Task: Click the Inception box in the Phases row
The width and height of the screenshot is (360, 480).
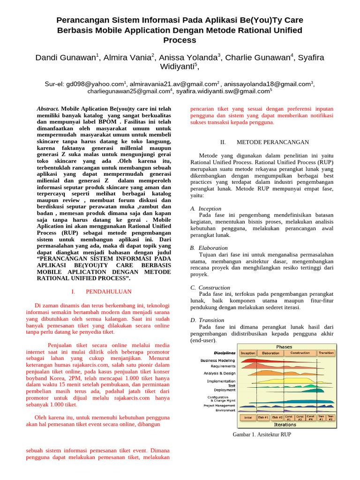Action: pos(247,353)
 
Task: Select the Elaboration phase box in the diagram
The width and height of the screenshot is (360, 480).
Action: pos(270,353)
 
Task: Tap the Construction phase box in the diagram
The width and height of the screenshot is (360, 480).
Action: pos(300,353)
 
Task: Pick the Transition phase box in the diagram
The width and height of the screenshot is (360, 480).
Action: pos(326,353)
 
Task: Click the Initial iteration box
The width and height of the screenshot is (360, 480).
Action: pos(247,417)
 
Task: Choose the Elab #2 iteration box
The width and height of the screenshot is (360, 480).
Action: pos(277,417)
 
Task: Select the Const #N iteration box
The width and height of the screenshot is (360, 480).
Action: pos(311,417)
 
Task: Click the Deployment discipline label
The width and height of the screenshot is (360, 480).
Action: pos(225,390)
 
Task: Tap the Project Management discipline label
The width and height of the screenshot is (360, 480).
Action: pos(219,405)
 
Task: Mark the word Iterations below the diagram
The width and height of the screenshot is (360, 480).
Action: pos(285,425)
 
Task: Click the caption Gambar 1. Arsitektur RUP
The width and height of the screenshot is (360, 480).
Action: pos(262,435)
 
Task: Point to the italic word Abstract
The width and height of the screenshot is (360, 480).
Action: pos(48,108)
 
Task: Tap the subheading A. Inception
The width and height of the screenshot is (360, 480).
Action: pos(206,209)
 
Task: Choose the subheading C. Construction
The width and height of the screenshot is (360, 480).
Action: pos(210,287)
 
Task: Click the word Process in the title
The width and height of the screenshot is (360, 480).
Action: pos(180,40)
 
